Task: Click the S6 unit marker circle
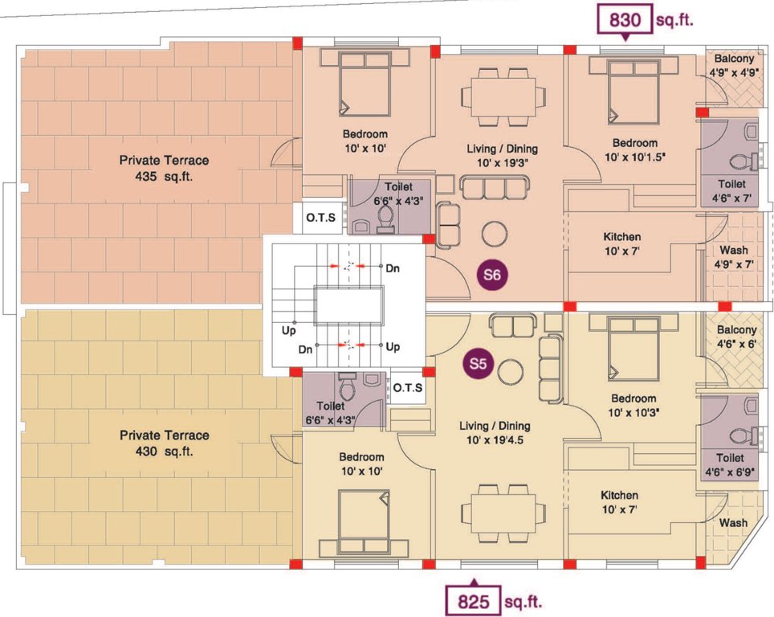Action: (x=492, y=276)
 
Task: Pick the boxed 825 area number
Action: (x=474, y=600)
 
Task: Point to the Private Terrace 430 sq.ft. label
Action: (x=164, y=443)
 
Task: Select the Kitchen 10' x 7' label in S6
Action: (x=621, y=243)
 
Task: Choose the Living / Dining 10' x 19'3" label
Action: (x=502, y=155)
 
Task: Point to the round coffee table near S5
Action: (x=511, y=372)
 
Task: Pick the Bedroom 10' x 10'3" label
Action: (x=633, y=406)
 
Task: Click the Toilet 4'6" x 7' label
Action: (x=734, y=190)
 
